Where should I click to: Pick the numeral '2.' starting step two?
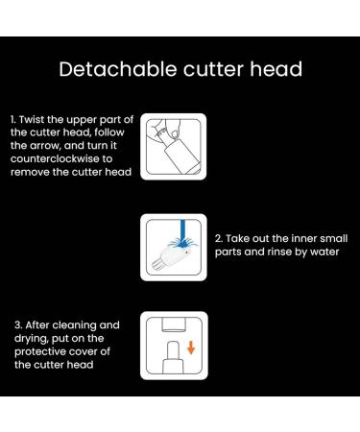[x=219, y=237]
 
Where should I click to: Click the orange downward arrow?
[x=191, y=346]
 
